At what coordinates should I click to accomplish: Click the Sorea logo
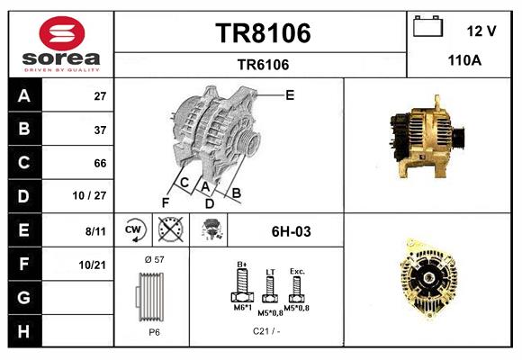coord(61,44)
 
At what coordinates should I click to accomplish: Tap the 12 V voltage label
coord(481,31)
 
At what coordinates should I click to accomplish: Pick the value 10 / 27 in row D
coord(94,196)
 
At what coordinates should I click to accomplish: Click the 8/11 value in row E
coord(94,230)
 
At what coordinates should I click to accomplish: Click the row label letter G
coord(24,297)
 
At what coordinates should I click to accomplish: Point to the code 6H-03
coord(291,231)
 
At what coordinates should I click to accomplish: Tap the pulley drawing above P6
coord(151,298)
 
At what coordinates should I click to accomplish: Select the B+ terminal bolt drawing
coord(242,287)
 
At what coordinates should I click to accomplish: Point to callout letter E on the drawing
coord(290,94)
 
